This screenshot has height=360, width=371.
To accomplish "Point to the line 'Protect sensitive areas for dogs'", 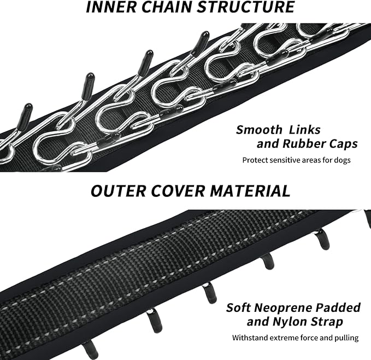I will (x=297, y=160).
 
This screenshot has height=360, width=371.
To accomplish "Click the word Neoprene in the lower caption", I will (x=288, y=307).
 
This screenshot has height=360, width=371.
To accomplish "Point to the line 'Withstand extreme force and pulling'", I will (x=295, y=338).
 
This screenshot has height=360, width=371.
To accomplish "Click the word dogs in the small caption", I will (x=342, y=160).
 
